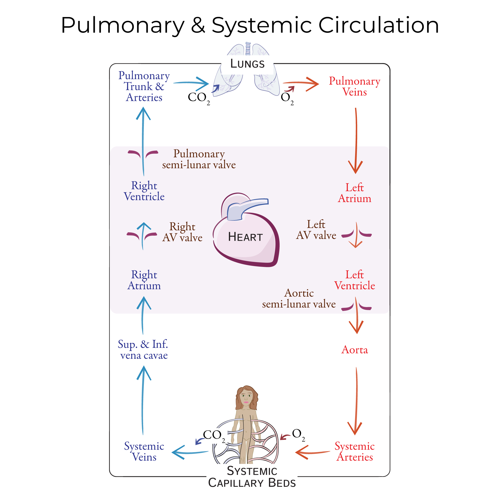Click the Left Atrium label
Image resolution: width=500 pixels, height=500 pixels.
click(354, 193)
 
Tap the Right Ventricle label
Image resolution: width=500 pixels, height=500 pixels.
click(144, 191)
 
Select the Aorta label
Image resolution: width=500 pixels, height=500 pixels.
click(354, 350)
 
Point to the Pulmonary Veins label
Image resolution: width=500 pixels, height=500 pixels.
click(354, 86)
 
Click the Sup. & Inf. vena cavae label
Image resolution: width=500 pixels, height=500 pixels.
click(143, 350)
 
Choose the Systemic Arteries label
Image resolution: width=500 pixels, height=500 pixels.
click(354, 452)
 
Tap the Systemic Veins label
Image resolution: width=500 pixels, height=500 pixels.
click(144, 452)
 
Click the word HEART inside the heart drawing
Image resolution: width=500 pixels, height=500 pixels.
click(245, 237)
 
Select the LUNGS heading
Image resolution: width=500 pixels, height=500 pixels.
click(247, 64)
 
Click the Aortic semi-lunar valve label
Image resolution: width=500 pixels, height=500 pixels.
click(299, 299)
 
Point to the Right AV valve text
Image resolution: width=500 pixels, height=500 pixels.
click(182, 232)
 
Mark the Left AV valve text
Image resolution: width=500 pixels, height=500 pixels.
click(316, 230)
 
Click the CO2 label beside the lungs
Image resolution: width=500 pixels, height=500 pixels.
click(198, 98)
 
